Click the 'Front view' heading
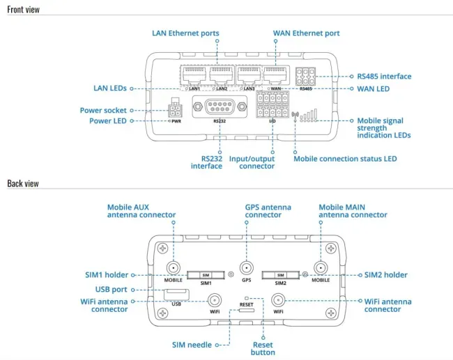(24, 10)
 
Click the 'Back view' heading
(23, 184)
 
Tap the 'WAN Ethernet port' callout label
(307, 33)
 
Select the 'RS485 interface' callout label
(383, 77)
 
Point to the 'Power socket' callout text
(103, 109)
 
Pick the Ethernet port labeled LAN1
(194, 74)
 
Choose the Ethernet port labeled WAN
(275, 74)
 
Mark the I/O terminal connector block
(272, 106)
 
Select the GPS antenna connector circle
(246, 268)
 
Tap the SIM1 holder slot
(205, 275)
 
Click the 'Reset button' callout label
(263, 348)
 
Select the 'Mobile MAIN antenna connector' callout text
(353, 211)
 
